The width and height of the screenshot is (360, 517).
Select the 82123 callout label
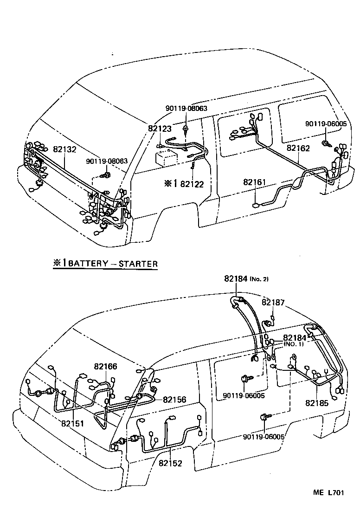pyautogui.click(x=160, y=129)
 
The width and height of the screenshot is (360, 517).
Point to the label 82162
pyautogui.click(x=298, y=149)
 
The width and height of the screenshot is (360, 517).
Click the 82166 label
pyautogui.click(x=105, y=367)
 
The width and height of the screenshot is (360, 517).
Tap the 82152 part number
pyautogui.click(x=170, y=463)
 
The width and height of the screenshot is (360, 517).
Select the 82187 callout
pyautogui.click(x=273, y=302)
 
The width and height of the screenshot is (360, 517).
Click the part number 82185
pyautogui.click(x=317, y=403)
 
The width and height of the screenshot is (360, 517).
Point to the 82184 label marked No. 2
pyautogui.click(x=236, y=278)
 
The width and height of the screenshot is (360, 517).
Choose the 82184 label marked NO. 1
pyautogui.click(x=294, y=337)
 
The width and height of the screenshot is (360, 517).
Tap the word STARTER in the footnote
pyautogui.click(x=138, y=264)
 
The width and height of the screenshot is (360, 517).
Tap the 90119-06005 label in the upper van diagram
pyautogui.click(x=326, y=124)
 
